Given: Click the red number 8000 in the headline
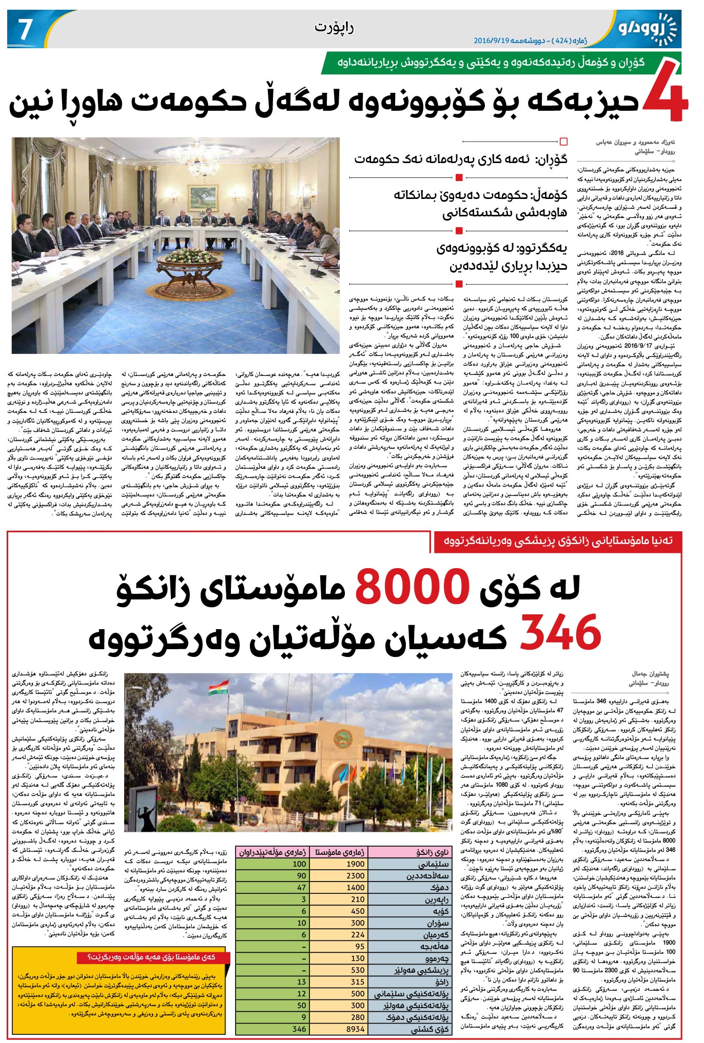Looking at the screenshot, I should point(412,586).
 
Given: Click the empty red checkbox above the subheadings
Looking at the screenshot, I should point(564,142).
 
